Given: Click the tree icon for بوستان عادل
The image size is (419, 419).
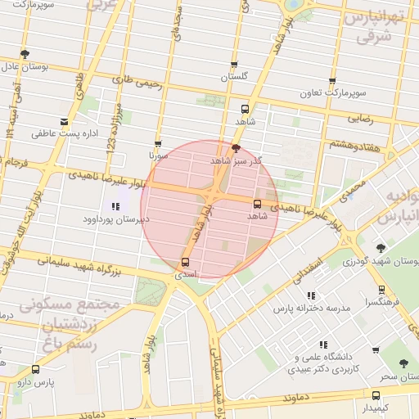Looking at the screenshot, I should tap(25, 54).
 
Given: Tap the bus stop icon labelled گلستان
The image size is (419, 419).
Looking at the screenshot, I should tap(235, 65).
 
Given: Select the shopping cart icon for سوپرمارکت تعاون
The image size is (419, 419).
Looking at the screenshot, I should tap(331, 82).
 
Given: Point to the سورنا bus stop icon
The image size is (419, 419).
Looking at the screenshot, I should tap(158, 142).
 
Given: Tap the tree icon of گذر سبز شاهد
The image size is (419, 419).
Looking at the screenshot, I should tap(237, 148).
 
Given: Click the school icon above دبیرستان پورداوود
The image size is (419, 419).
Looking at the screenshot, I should tap(115, 207).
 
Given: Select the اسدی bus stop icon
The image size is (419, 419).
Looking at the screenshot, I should tap(185, 263).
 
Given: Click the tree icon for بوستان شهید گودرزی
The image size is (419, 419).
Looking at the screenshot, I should tap(381, 248).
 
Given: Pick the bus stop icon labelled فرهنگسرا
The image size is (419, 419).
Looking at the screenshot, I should tap(382, 290).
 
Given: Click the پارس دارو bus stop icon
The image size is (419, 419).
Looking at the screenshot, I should tap(35, 370).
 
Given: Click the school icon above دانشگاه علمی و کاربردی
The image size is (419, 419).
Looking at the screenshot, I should tap(324, 345).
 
